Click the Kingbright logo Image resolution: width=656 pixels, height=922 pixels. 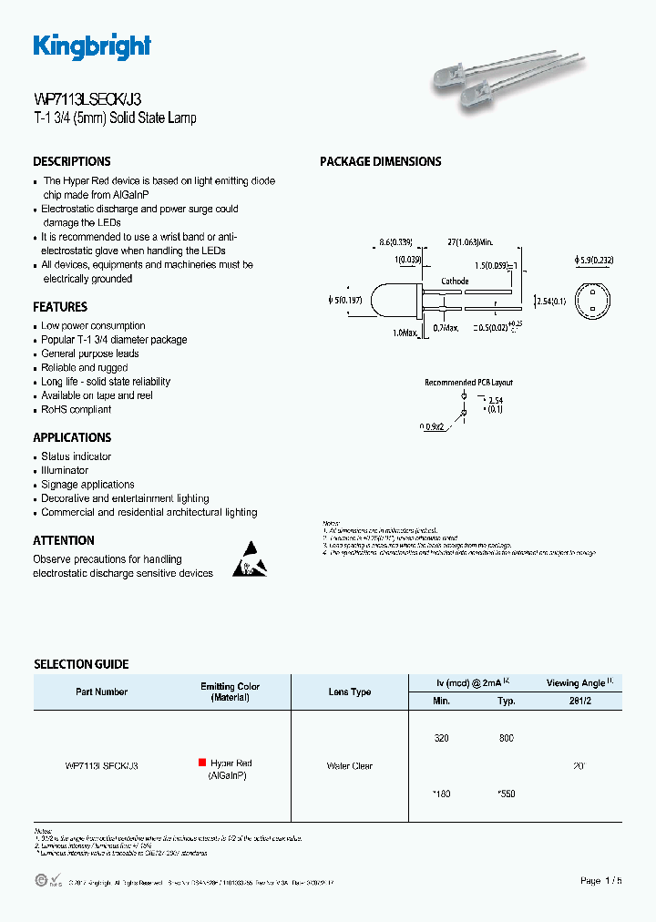point(92,46)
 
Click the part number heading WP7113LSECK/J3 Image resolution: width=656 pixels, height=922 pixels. point(87,100)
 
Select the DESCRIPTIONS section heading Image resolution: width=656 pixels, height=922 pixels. point(72,161)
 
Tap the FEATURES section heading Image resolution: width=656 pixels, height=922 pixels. point(60,307)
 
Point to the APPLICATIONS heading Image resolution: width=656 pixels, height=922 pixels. point(72,437)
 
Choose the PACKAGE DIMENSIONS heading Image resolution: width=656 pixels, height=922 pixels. point(380,161)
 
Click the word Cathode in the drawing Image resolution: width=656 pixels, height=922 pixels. point(455,282)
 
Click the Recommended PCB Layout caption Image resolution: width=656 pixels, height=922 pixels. point(469,383)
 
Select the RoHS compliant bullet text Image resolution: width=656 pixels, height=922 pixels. point(77,410)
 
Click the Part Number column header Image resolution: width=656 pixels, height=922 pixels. point(101,691)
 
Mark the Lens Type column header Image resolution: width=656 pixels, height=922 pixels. point(350,691)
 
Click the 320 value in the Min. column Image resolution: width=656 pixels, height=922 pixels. point(441,738)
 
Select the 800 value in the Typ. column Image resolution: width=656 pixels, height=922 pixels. point(507,738)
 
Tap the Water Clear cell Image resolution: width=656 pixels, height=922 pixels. point(350,766)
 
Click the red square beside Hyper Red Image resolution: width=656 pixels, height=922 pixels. point(201,763)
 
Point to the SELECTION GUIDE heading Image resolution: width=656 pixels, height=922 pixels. point(81,664)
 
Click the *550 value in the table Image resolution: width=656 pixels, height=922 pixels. point(506,794)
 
